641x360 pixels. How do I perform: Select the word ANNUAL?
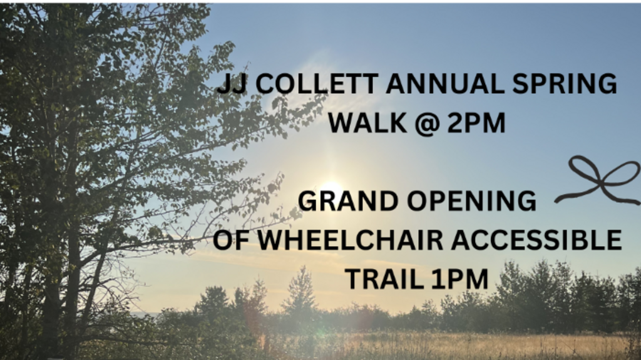(x=445, y=83)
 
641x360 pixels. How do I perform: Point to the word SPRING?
(x=565, y=83)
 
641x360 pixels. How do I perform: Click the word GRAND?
(x=348, y=201)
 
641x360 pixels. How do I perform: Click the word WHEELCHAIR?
(x=351, y=240)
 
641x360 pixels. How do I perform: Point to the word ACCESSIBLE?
(x=536, y=240)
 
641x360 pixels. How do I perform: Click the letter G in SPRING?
(x=607, y=83)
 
